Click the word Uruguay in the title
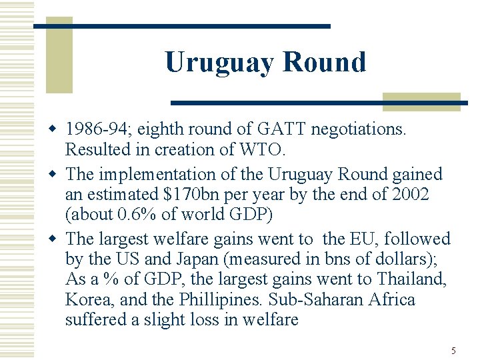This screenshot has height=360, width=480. (219, 63)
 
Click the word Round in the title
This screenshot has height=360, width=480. (324, 63)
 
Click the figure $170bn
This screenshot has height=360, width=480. (190, 195)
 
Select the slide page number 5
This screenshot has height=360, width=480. (453, 351)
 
